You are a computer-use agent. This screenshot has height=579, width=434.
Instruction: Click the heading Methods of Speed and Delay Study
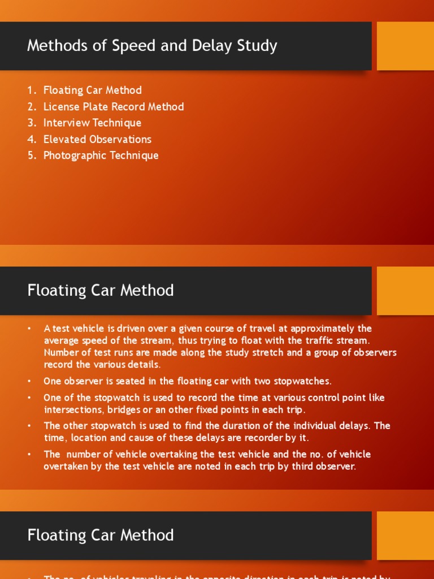pyautogui.click(x=152, y=46)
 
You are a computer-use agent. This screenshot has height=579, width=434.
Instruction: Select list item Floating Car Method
pyautogui.click(x=93, y=90)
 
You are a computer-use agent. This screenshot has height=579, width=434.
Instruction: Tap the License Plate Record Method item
pyautogui.click(x=114, y=107)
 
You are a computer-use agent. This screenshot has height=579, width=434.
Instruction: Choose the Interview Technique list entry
pyautogui.click(x=92, y=123)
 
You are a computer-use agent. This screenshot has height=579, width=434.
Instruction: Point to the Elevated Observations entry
pyautogui.click(x=97, y=140)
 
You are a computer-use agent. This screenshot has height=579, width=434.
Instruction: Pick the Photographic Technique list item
pyautogui.click(x=101, y=156)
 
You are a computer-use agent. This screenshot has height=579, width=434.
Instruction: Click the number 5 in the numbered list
pyautogui.click(x=31, y=156)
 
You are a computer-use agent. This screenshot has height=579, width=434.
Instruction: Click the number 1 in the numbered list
pyautogui.click(x=31, y=90)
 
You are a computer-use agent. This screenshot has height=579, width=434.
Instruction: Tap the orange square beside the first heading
pyautogui.click(x=405, y=46)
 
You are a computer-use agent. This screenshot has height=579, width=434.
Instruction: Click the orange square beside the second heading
pyautogui.click(x=405, y=291)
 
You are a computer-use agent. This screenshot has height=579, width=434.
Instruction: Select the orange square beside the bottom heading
pyautogui.click(x=405, y=535)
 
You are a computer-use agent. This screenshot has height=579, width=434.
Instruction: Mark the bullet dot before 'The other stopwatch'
pyautogui.click(x=29, y=426)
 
